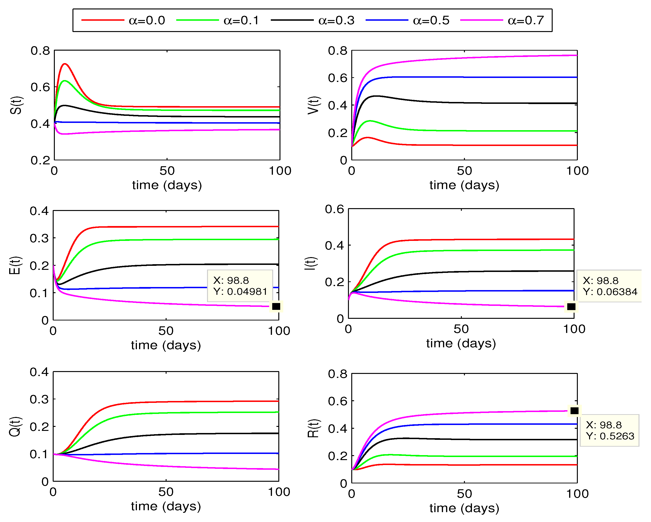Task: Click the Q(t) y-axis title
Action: pyautogui.click(x=15, y=426)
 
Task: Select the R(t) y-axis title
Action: pyautogui.click(x=313, y=428)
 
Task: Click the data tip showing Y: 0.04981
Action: pyautogui.click(x=240, y=286)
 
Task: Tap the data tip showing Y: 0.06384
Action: pyautogui.click(x=609, y=286)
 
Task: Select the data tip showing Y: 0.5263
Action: pyautogui.click(x=609, y=430)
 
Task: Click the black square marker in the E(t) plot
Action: pyautogui.click(x=276, y=307)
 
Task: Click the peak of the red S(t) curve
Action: pyautogui.click(x=65, y=64)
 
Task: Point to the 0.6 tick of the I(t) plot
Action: pyautogui.click(x=334, y=209)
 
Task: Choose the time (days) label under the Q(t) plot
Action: pyautogui.click(x=166, y=506)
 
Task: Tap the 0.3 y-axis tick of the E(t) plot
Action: pyautogui.click(x=39, y=238)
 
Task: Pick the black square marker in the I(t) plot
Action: pyautogui.click(x=571, y=307)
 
